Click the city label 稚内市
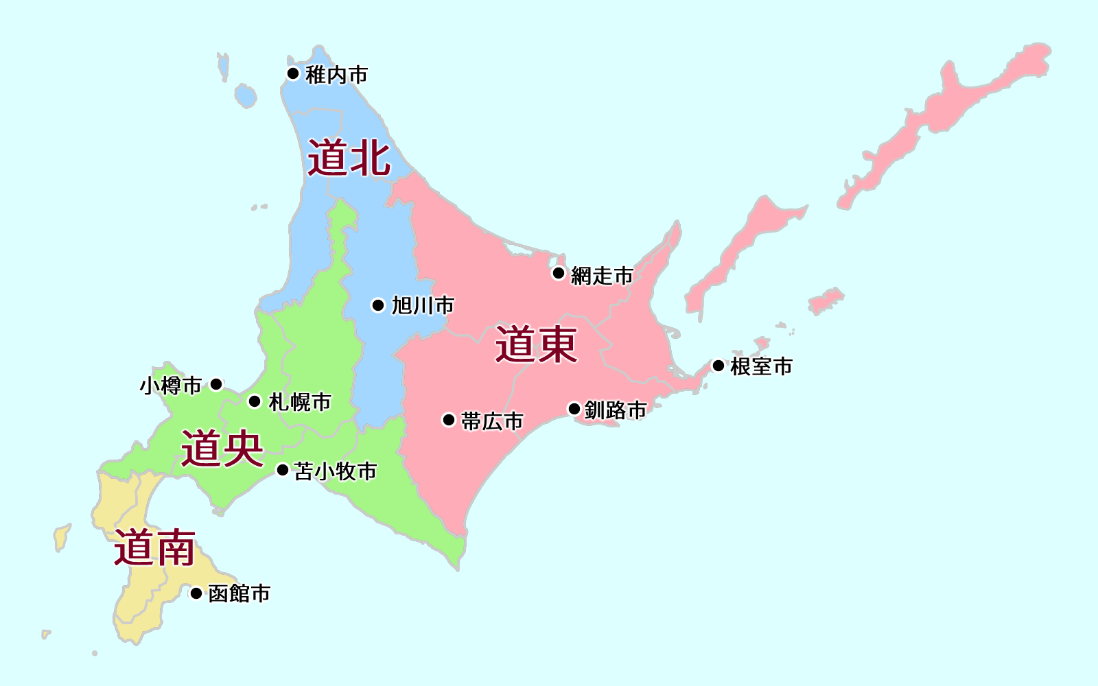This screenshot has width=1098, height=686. (336, 75)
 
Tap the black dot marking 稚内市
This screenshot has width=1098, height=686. (293, 73)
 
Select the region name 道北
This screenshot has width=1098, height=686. (349, 158)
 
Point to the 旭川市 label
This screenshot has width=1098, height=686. (423, 305)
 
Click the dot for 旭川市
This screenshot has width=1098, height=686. (378, 305)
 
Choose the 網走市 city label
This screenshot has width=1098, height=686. (602, 276)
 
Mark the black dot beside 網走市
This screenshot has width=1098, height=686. (559, 274)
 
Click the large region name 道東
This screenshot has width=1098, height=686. (537, 344)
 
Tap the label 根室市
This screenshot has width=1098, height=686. (761, 366)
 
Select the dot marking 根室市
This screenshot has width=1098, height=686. (719, 366)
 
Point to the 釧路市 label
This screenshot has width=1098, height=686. (616, 410)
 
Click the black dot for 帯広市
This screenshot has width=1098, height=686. (449, 420)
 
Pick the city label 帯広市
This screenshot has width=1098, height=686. (492, 421)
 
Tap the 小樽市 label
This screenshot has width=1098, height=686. (171, 386)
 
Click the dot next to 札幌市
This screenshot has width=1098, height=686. (255, 401)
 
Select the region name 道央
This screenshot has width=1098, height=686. (222, 449)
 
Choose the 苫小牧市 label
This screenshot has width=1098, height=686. (336, 471)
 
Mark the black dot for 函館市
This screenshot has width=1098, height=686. (196, 593)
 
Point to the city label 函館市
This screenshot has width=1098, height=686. (240, 593)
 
